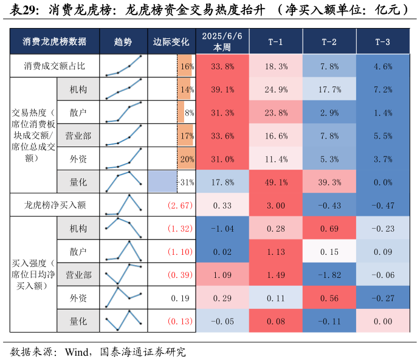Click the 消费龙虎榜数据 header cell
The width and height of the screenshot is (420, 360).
click(55, 42)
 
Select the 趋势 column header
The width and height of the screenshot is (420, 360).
click(123, 42)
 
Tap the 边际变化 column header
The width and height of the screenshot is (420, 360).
click(171, 42)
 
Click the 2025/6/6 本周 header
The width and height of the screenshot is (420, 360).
click(222, 41)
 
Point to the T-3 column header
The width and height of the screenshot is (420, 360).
click(383, 42)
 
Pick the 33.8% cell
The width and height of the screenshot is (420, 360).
click(222, 66)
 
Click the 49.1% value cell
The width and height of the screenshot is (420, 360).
click(276, 182)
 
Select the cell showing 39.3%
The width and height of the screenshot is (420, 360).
click(329, 182)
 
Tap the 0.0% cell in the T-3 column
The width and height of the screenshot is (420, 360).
click(383, 182)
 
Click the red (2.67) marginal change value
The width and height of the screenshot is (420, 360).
click(180, 206)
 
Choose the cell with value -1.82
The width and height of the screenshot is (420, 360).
click(329, 275)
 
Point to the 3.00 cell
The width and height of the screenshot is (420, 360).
click(276, 206)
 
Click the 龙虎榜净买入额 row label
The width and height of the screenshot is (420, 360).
click(55, 206)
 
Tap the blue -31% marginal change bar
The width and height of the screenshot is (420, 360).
click(162, 182)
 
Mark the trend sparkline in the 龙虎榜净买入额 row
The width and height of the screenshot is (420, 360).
click(123, 206)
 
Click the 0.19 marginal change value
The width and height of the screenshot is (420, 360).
click(182, 298)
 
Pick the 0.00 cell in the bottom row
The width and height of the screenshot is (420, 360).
click(383, 321)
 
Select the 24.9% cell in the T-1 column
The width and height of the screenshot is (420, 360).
click(276, 89)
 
